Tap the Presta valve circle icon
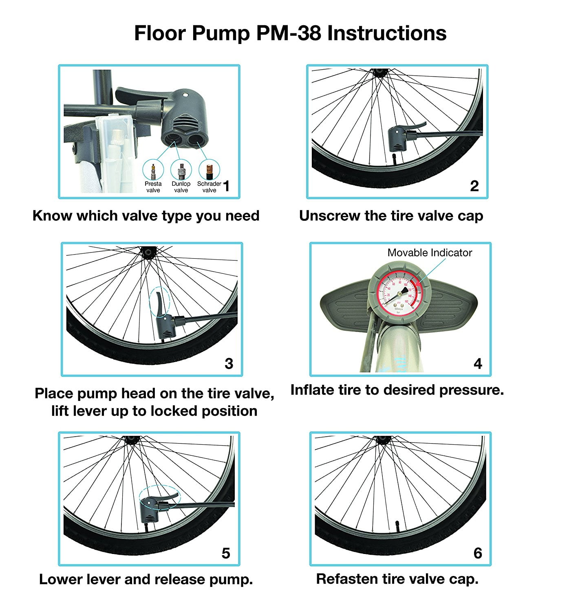pyautogui.click(x=153, y=170)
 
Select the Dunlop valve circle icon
pyautogui.click(x=181, y=170)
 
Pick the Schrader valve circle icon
pyautogui.click(x=209, y=170)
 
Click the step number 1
pyautogui.click(x=227, y=187)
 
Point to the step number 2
pyautogui.click(x=474, y=186)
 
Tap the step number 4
pyautogui.click(x=478, y=364)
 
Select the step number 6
pyautogui.click(x=478, y=553)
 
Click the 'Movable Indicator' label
pyautogui.click(x=430, y=253)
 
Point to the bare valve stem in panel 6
pyautogui.click(x=397, y=525)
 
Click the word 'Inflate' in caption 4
pyautogui.click(x=312, y=390)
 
